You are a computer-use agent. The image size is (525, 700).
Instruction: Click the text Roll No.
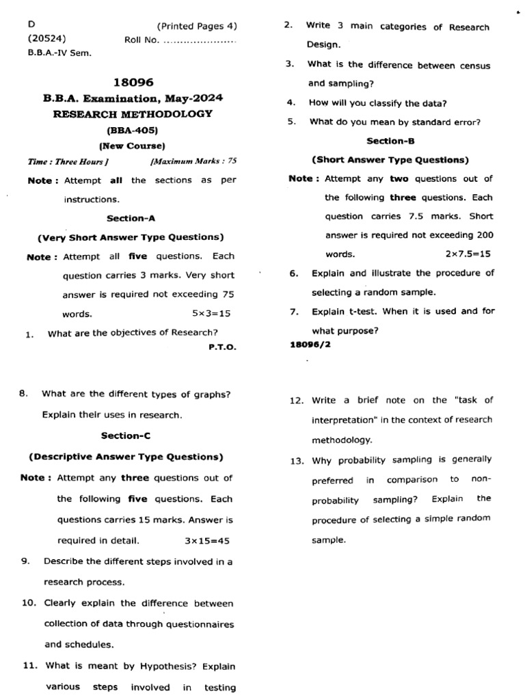(142, 40)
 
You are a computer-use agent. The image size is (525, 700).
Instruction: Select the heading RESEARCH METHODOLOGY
(133, 114)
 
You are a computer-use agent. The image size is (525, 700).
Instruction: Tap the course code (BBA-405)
(133, 130)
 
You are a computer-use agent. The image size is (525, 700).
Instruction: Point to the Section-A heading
(131, 218)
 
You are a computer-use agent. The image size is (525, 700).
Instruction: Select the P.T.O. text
(222, 347)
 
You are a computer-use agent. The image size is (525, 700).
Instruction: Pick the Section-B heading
(390, 141)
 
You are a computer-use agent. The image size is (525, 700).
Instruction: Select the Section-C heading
(126, 435)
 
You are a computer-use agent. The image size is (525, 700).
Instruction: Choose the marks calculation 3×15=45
(207, 541)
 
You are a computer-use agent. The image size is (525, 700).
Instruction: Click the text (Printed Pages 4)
(197, 27)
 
